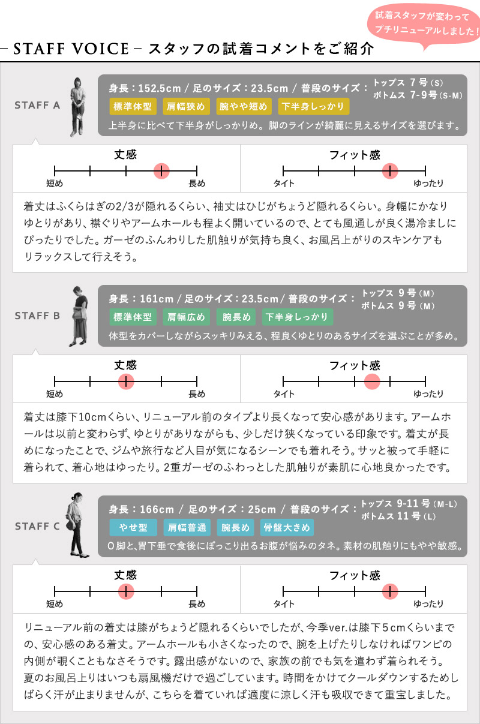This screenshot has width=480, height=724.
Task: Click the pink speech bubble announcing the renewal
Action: (424, 24)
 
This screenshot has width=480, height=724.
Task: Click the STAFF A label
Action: (37, 105)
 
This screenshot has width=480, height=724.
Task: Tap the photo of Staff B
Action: (78, 316)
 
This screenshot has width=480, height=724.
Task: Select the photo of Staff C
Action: (77, 525)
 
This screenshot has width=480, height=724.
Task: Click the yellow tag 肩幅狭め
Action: (186, 106)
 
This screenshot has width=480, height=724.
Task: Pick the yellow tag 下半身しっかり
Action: (313, 106)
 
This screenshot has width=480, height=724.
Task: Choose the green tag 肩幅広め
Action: (186, 317)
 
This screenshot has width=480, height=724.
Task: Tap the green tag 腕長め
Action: (236, 317)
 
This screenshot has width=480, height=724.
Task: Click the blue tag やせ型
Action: (133, 527)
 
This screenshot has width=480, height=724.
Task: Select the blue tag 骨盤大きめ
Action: (287, 527)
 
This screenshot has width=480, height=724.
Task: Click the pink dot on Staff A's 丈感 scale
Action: (161, 171)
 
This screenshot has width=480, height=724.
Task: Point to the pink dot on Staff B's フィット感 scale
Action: (372, 381)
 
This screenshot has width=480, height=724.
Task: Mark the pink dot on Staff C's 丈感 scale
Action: (126, 591)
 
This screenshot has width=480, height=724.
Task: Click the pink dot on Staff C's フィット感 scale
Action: (390, 591)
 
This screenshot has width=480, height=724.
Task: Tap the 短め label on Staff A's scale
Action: (55, 184)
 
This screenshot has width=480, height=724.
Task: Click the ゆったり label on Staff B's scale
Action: (428, 393)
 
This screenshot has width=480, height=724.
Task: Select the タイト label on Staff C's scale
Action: (284, 604)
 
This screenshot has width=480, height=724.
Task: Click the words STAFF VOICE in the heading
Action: (71, 49)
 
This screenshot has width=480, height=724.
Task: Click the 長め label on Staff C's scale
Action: (197, 604)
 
